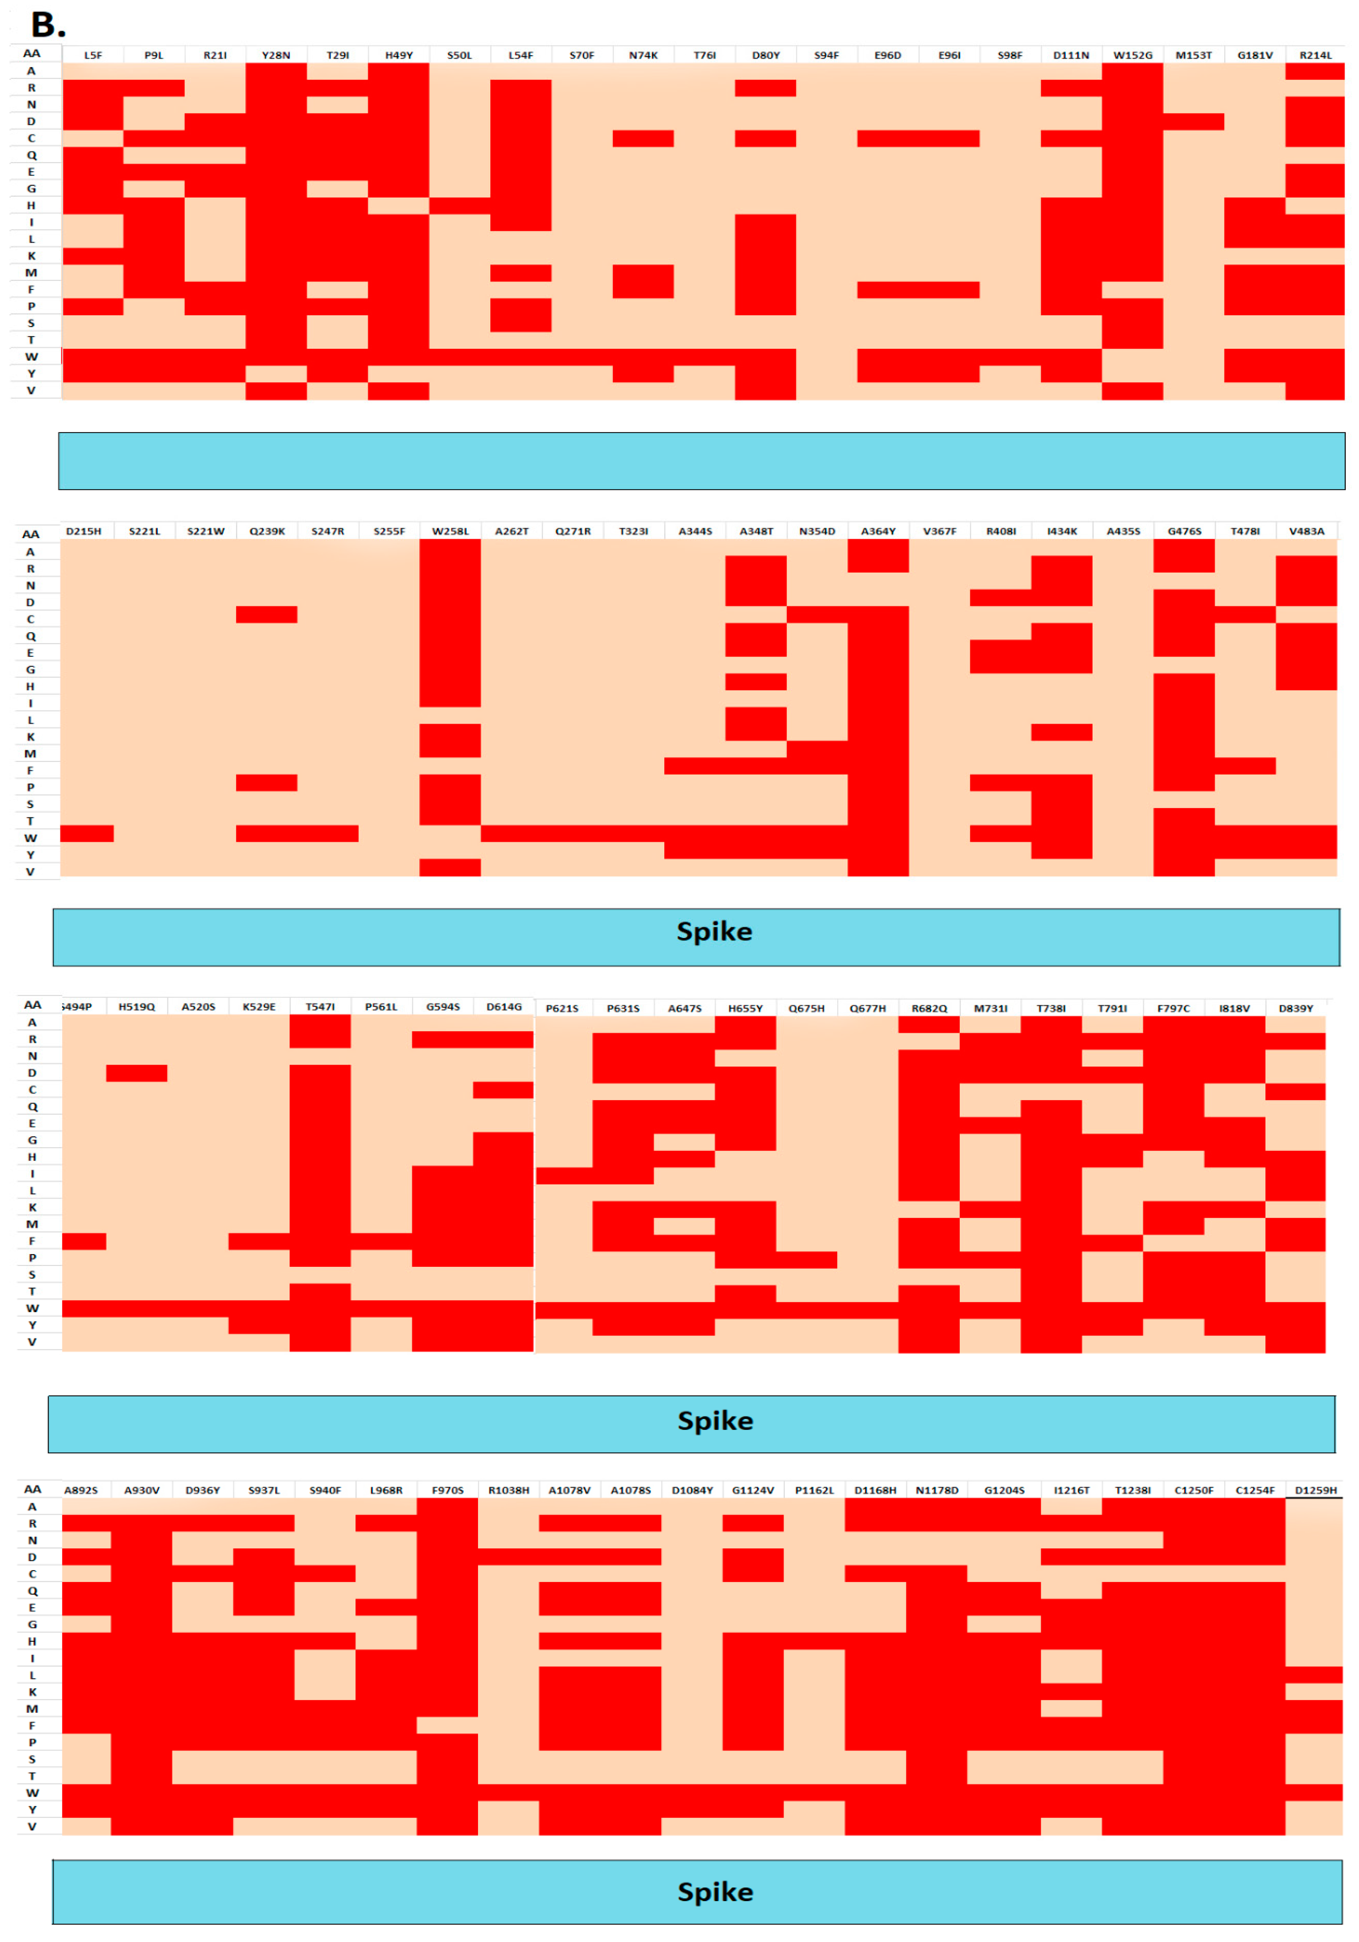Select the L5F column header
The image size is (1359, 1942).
coord(93,55)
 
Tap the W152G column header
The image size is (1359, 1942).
coord(1132,55)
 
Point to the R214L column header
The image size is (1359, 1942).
coord(1315,55)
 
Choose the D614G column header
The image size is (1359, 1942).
coord(504,1006)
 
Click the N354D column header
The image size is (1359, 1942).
coord(817,531)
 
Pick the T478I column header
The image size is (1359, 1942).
coord(1245,531)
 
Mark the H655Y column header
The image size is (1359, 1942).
coord(745,1008)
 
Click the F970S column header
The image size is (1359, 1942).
coord(447,1489)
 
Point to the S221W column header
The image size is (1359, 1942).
coord(206,531)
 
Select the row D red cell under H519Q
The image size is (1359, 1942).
coord(136,1072)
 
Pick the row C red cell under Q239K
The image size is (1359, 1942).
coord(267,614)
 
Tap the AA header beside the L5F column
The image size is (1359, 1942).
coord(31,53)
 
